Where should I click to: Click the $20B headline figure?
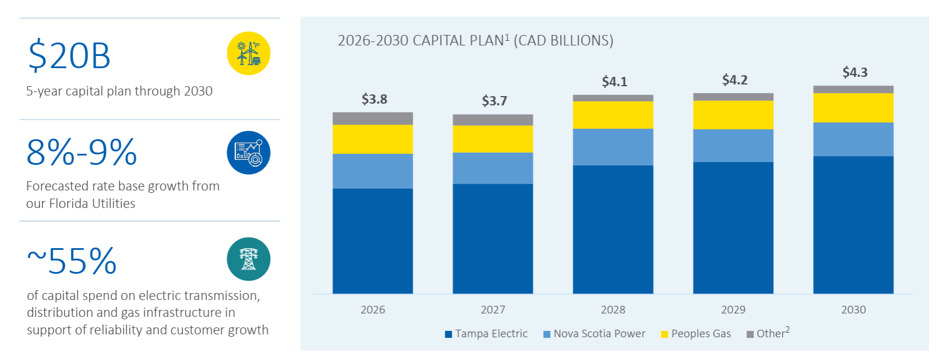(69, 56)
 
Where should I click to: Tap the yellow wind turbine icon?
(249, 54)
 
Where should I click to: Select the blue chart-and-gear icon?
(249, 153)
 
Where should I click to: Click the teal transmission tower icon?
(249, 259)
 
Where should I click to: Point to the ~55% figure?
(72, 261)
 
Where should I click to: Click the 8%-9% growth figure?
(82, 153)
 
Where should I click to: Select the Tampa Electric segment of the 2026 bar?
(372, 241)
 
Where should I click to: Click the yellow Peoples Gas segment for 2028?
(613, 115)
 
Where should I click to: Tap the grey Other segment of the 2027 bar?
(492, 119)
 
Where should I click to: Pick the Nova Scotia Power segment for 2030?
(853, 139)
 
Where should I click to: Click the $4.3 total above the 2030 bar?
(854, 72)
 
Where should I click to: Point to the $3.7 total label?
(494, 101)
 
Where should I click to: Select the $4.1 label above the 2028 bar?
(614, 82)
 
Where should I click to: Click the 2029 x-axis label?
(733, 310)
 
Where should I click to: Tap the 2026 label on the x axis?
(372, 310)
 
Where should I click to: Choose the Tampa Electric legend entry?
(486, 334)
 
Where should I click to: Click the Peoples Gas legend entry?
(696, 334)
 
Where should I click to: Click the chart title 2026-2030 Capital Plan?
(475, 41)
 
